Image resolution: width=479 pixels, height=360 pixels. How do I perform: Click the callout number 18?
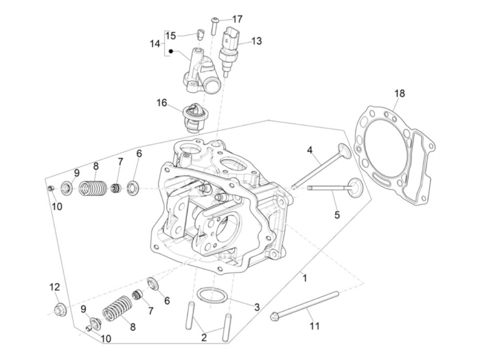point(399,93)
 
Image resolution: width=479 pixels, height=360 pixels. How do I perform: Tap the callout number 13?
point(256,41)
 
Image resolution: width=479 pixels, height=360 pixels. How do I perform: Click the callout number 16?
point(162,103)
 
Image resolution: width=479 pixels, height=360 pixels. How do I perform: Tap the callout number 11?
point(314,326)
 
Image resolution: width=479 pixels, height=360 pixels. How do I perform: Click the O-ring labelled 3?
point(212,295)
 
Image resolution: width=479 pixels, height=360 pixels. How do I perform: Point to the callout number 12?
point(55,287)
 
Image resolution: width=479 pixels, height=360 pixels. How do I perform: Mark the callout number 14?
point(155,44)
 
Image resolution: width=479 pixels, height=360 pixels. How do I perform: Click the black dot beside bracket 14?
point(171,52)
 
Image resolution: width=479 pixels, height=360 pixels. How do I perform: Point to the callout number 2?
point(204,338)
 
